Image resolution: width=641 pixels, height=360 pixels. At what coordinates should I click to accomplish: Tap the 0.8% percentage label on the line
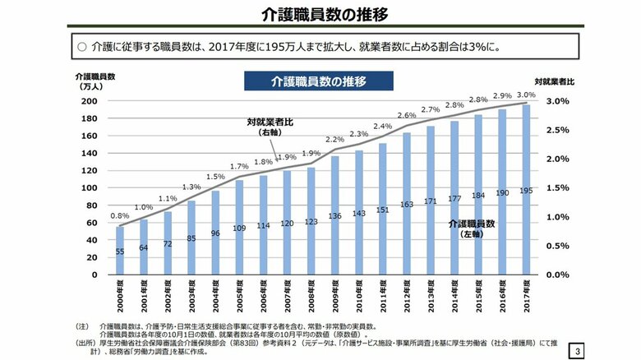120,217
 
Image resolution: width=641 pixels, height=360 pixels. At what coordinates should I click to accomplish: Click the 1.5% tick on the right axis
556,188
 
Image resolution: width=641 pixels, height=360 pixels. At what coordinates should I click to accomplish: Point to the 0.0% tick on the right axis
556,275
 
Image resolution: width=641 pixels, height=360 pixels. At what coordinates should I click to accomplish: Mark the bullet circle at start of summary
81,48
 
